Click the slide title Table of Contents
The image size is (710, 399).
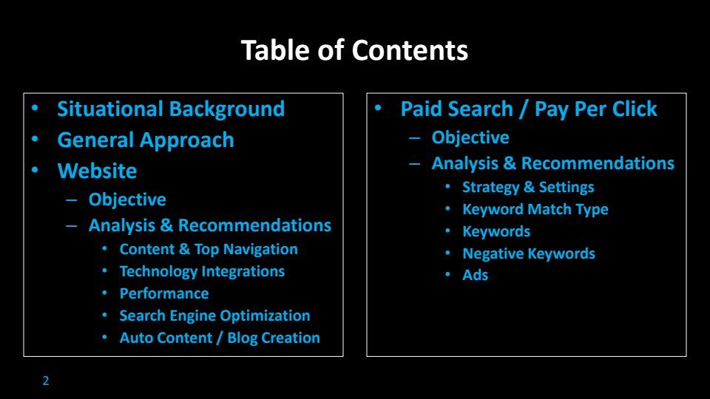(x=354, y=50)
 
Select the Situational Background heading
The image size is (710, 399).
(x=171, y=109)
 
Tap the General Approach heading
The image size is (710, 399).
(x=146, y=140)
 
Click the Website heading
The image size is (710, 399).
(x=97, y=171)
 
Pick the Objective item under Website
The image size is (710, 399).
(x=127, y=200)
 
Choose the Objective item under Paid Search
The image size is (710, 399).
(x=470, y=138)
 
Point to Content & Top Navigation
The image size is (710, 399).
(x=209, y=249)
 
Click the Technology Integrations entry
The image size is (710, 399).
(x=202, y=271)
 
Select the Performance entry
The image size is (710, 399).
(x=164, y=293)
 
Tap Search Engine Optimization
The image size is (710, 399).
(x=214, y=316)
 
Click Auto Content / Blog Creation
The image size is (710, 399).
(x=220, y=338)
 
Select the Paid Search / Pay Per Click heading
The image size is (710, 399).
(x=529, y=109)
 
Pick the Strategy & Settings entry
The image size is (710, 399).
(x=528, y=187)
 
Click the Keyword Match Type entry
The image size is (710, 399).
(x=535, y=209)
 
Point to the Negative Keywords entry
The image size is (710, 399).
(x=528, y=253)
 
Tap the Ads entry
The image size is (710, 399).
(x=475, y=275)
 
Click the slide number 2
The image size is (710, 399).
(x=46, y=381)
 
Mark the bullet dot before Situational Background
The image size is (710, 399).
(x=35, y=108)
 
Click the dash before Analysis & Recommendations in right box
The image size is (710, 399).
(x=414, y=164)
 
